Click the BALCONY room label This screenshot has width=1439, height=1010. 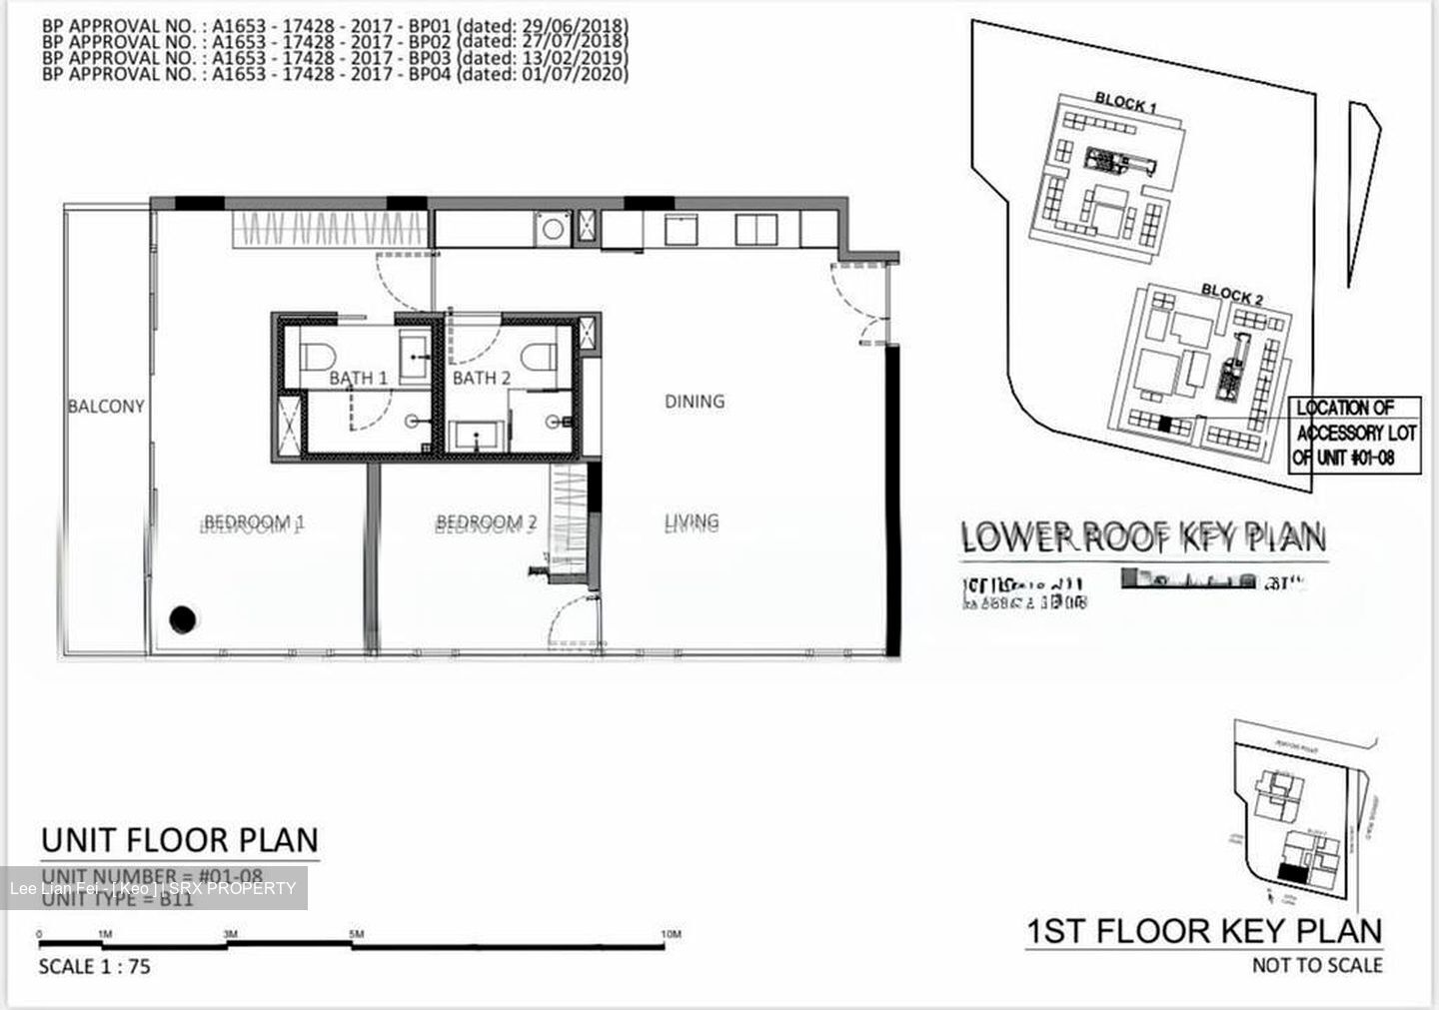[106, 407]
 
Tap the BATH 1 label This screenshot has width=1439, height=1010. [358, 378]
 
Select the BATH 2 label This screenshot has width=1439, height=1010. [482, 378]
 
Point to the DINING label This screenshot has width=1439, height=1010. [695, 402]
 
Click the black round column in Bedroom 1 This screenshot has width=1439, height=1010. [182, 620]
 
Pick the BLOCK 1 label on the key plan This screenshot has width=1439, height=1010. [1126, 101]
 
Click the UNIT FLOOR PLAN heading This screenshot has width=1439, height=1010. [180, 840]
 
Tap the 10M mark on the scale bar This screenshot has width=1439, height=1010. [671, 934]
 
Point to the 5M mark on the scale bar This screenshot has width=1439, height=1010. [357, 934]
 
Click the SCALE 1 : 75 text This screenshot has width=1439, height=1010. [94, 967]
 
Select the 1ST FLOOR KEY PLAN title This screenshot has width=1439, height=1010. [1204, 932]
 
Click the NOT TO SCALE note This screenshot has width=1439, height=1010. [1317, 965]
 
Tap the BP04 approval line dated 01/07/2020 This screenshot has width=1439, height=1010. [335, 74]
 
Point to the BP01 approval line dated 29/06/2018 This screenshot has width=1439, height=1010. [335, 25]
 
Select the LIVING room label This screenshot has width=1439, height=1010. [692, 521]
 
